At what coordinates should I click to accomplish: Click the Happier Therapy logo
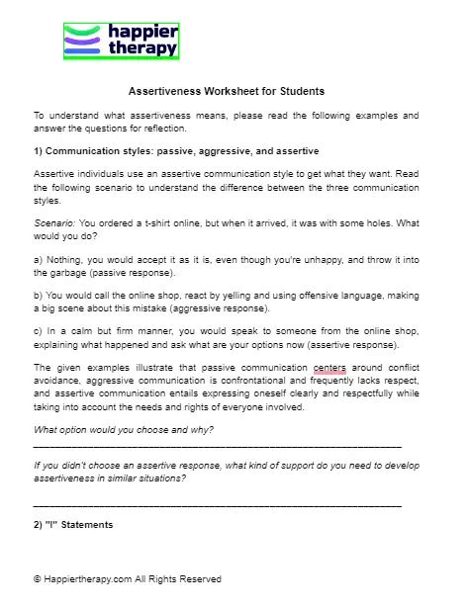[x=121, y=41]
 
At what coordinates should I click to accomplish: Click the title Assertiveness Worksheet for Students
[x=227, y=92]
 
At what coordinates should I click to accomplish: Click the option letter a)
[x=39, y=260]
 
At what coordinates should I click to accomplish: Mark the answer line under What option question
[x=218, y=448]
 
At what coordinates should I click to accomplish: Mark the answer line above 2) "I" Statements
[x=218, y=505]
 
